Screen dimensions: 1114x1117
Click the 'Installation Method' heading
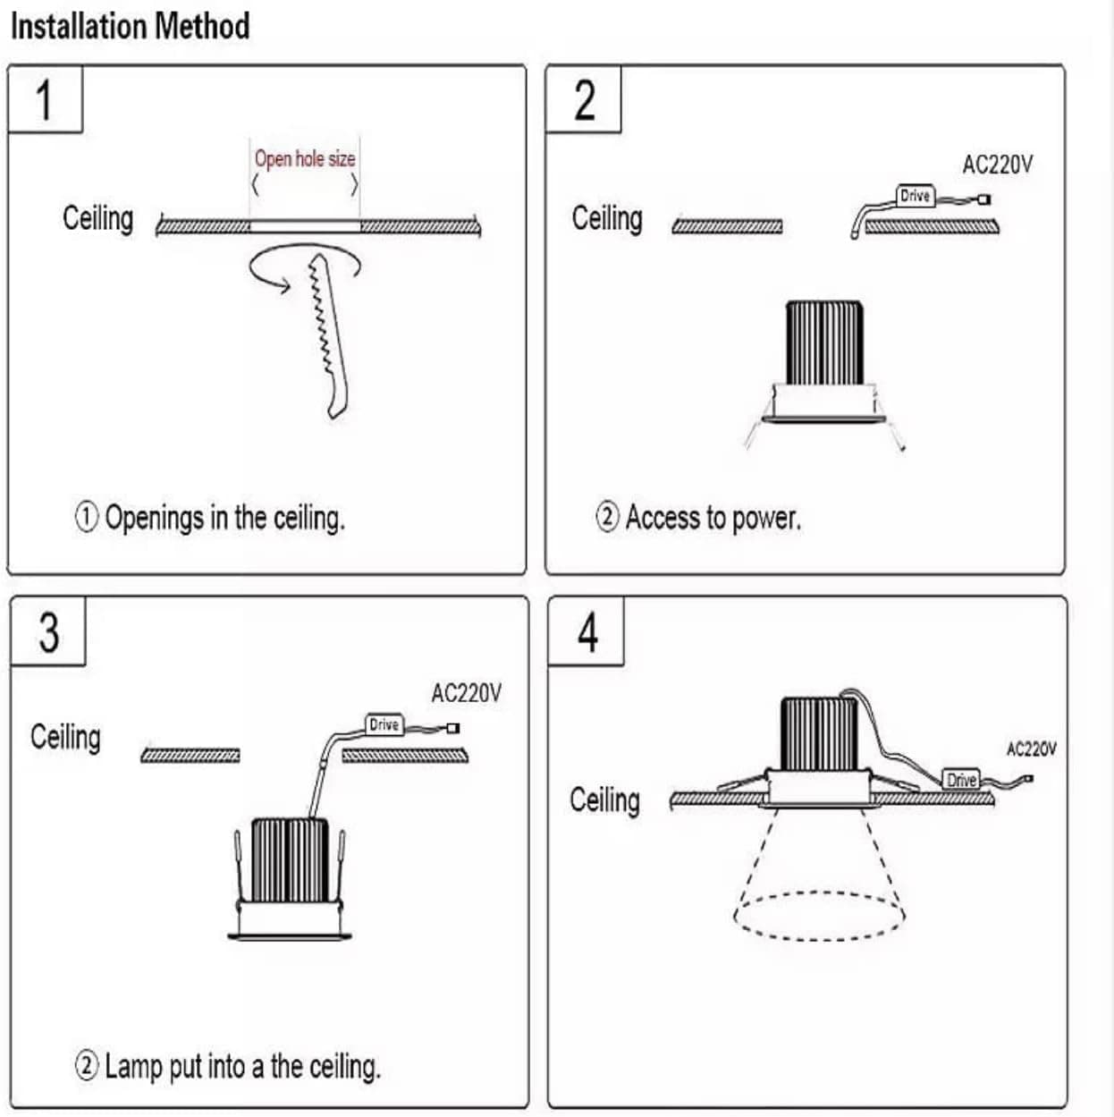(131, 27)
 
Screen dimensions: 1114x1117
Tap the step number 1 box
(46, 99)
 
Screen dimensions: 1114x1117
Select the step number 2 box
(584, 99)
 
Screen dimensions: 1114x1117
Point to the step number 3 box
(48, 631)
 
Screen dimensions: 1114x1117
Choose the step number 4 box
(587, 631)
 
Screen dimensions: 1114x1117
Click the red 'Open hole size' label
(305, 159)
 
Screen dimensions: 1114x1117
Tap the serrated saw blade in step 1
(328, 336)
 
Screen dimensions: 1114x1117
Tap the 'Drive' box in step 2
(916, 196)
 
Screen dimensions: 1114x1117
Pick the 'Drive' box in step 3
(384, 724)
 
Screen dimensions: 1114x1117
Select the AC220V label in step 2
(998, 165)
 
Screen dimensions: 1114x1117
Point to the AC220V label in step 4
(1031, 749)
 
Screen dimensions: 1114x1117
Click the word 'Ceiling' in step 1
(98, 218)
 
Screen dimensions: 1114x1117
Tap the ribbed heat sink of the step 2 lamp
(825, 343)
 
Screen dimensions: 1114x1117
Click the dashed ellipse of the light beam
(819, 939)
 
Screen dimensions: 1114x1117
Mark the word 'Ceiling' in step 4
(604, 800)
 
